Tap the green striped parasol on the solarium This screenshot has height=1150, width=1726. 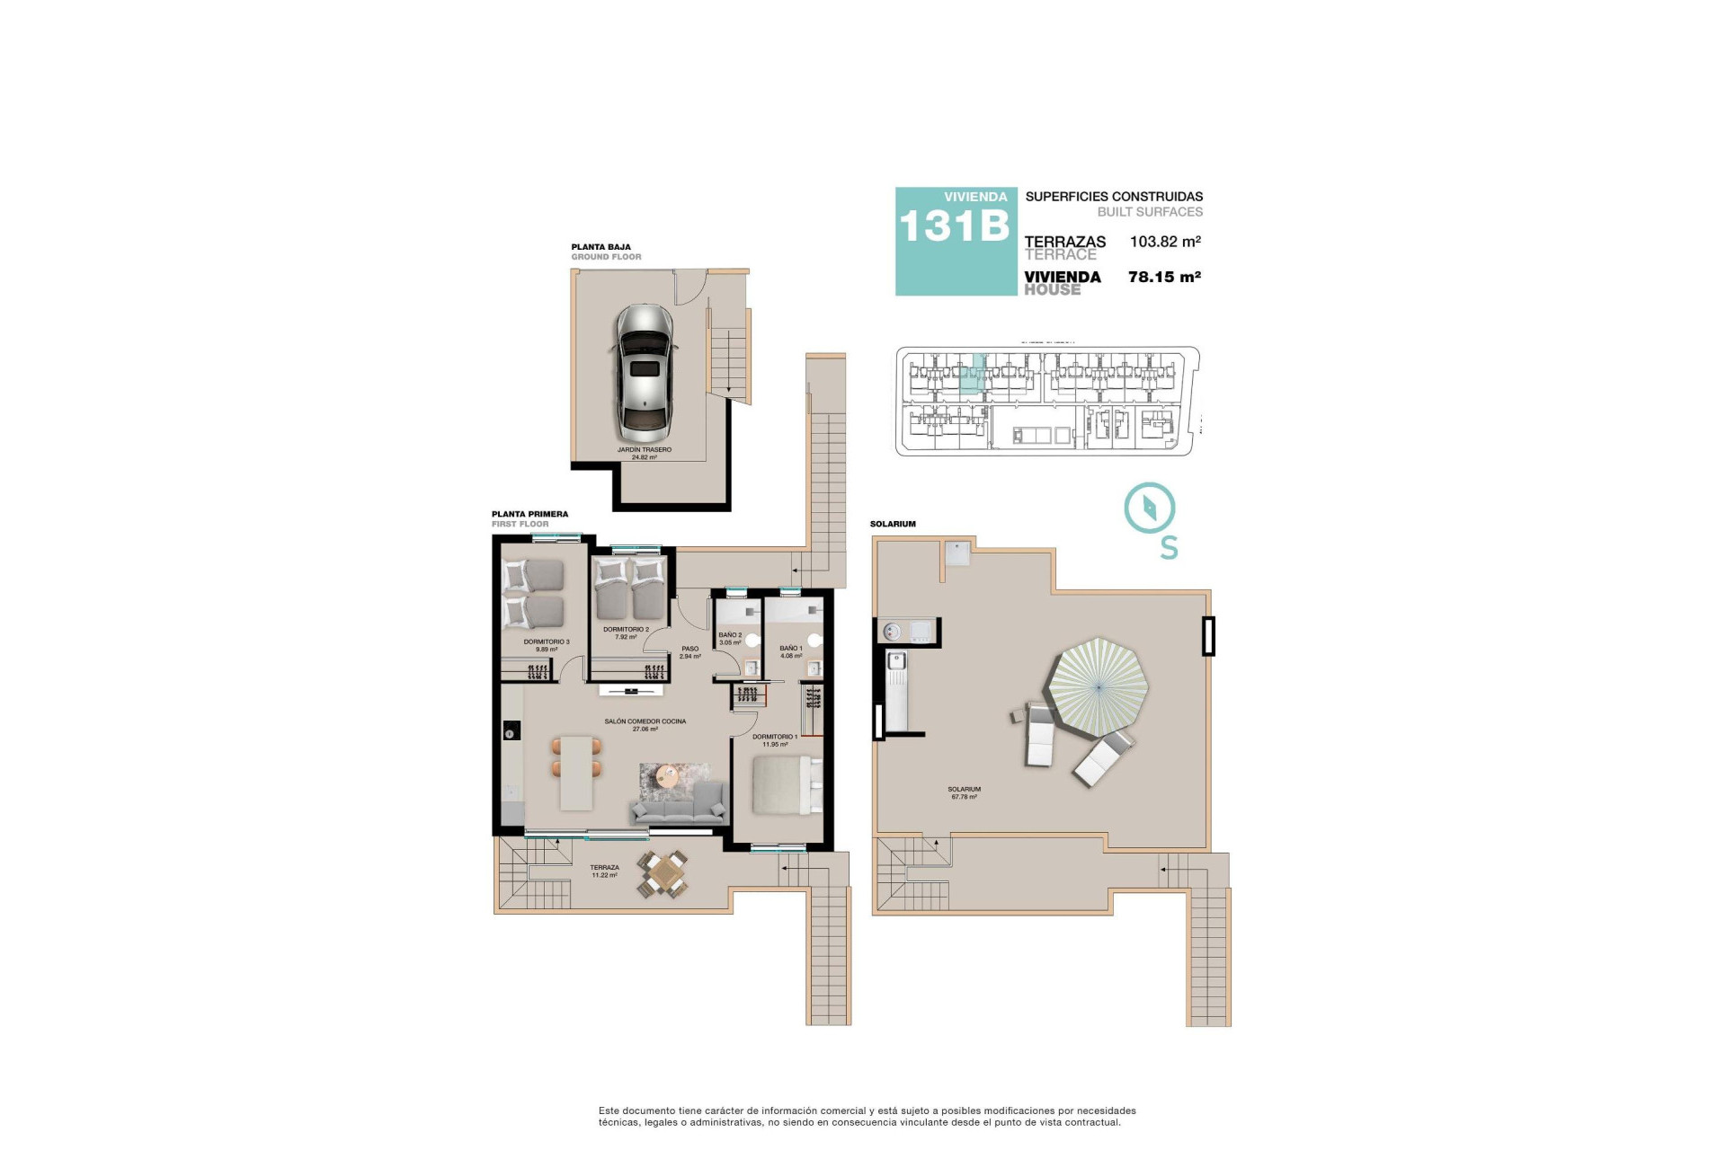[1099, 687]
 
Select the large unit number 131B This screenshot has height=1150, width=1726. [955, 226]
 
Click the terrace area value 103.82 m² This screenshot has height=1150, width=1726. [1165, 242]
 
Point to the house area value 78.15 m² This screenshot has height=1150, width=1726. [1164, 278]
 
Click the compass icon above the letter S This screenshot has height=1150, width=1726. [1150, 509]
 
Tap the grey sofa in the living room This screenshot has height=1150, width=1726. [679, 804]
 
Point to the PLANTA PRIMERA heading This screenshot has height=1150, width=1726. [529, 515]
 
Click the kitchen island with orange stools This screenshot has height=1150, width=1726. [577, 772]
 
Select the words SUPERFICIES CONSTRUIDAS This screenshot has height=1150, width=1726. [1114, 197]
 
